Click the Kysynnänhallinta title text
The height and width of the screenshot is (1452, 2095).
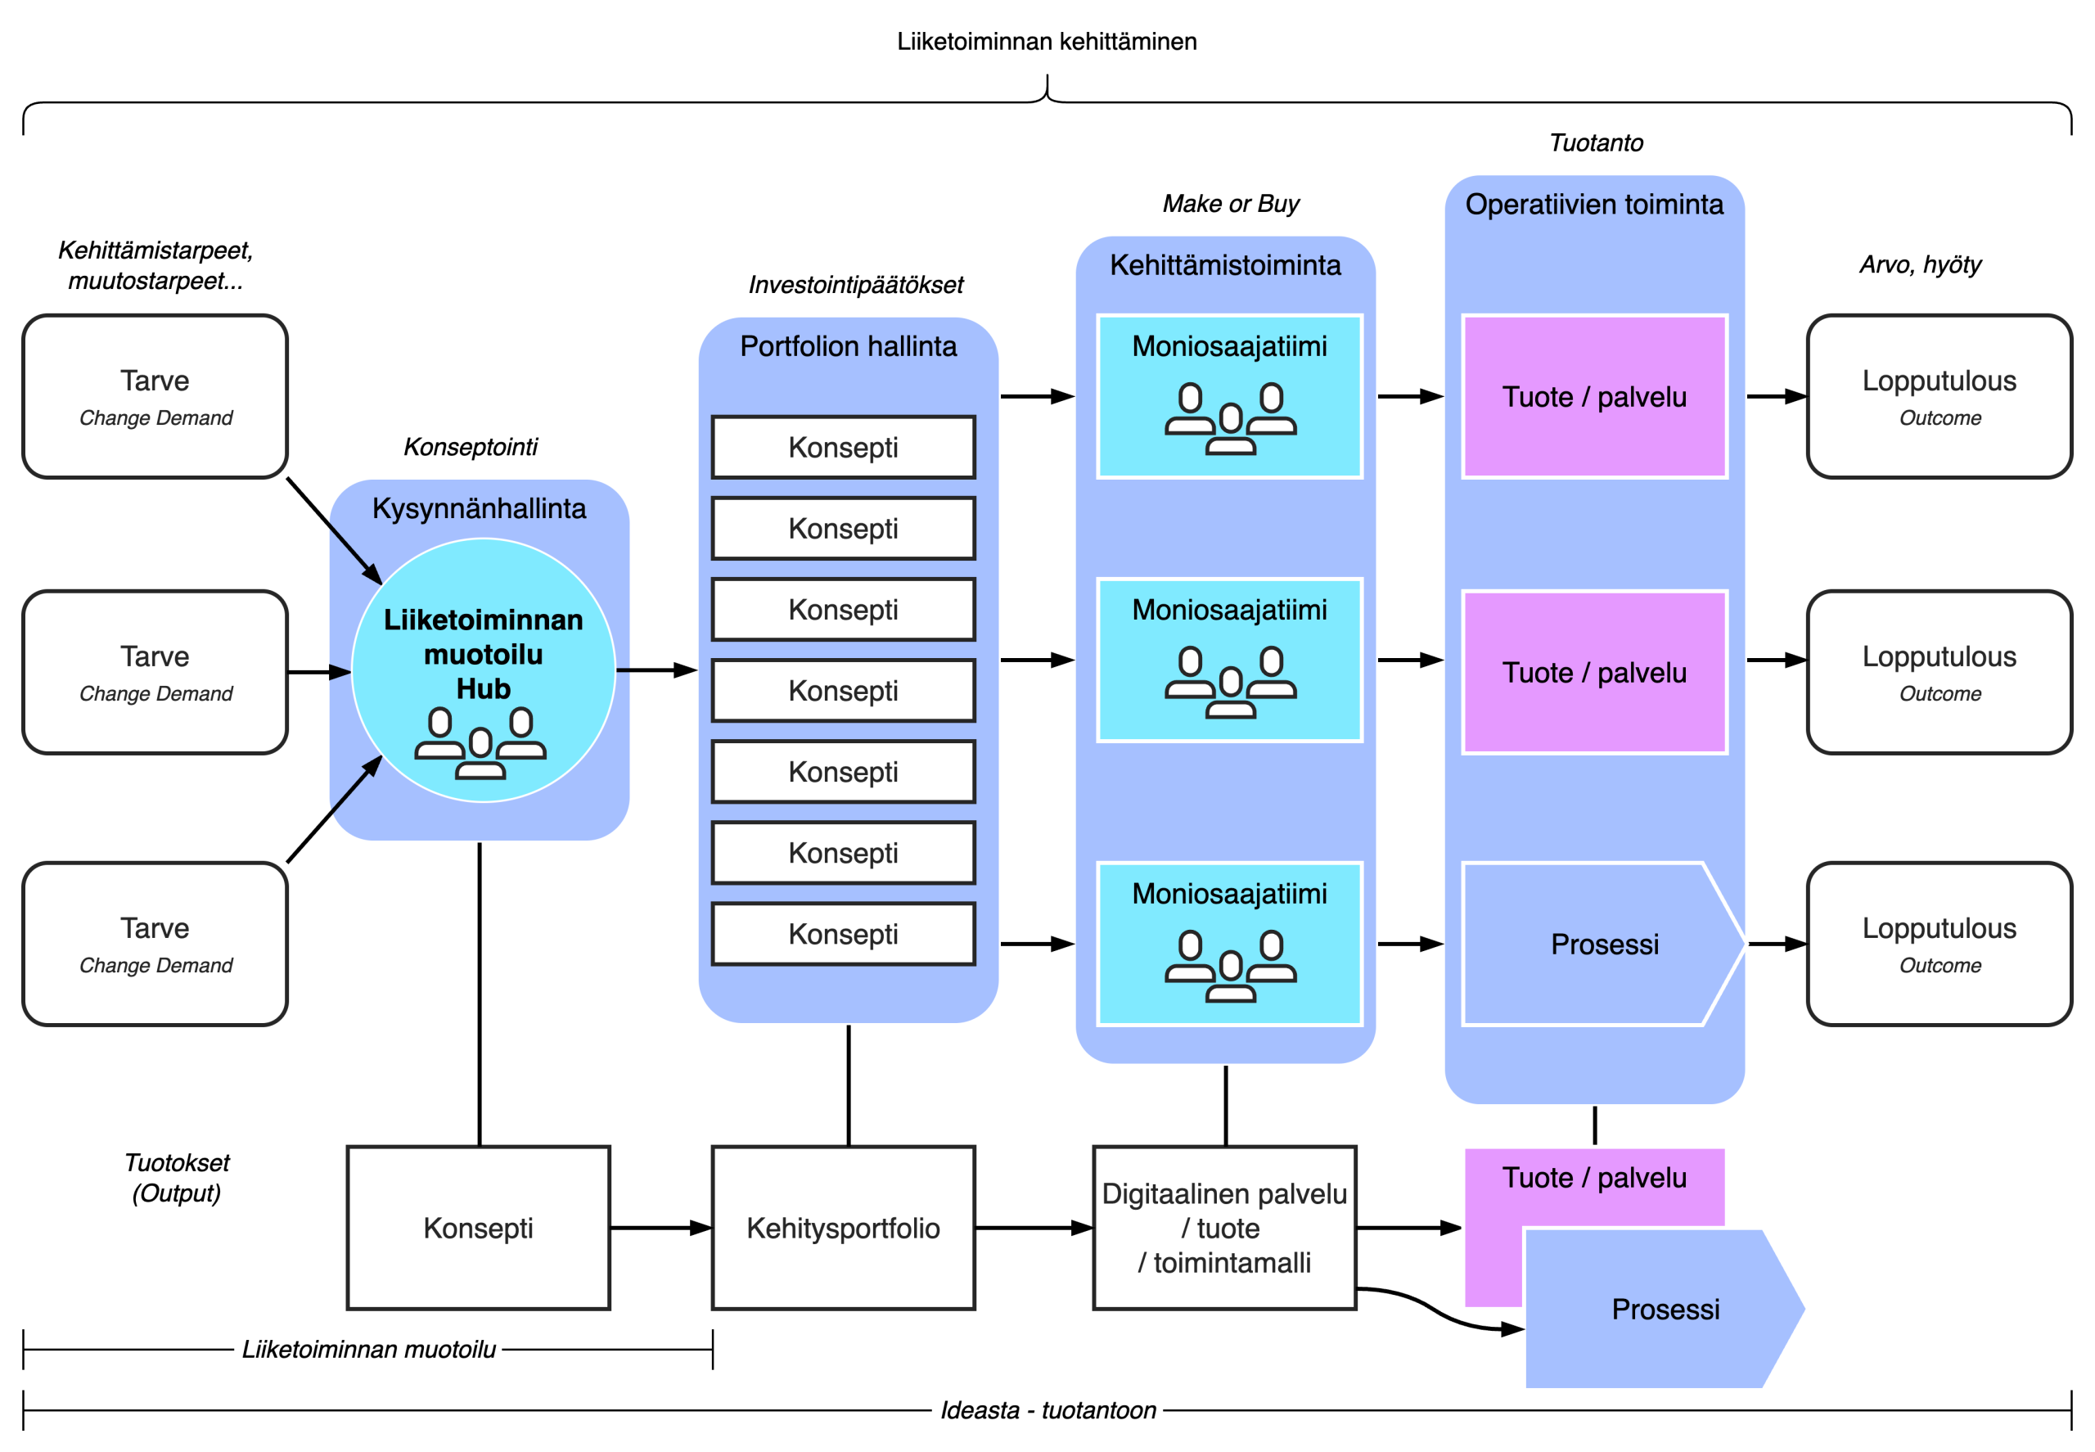[479, 508]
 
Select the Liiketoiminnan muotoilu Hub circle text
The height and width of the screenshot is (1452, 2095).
[483, 653]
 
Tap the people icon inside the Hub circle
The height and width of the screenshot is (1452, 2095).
[480, 744]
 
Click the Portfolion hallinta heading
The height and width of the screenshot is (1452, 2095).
[848, 346]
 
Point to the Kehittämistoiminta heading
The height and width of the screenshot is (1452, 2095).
[1224, 266]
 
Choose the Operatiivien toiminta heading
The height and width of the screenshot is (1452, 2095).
[1594, 205]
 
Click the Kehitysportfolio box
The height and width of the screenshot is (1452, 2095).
[843, 1229]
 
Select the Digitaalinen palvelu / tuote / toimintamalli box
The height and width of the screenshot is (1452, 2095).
[1224, 1229]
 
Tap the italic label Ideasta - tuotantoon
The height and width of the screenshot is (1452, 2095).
[1047, 1410]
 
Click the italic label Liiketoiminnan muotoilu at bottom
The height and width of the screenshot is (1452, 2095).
[368, 1349]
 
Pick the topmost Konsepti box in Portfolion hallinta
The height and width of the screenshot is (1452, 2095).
[843, 448]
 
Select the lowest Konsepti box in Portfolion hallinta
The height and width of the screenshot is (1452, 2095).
[843, 935]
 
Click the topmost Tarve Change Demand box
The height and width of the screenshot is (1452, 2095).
[155, 397]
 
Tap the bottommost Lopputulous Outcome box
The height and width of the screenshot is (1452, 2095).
[1939, 945]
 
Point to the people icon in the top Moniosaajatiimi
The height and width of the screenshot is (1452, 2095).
[1230, 418]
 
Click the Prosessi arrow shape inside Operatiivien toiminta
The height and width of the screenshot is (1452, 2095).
[1604, 945]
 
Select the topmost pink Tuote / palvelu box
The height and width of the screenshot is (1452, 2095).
[1594, 397]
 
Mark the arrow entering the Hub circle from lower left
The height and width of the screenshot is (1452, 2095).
[355, 786]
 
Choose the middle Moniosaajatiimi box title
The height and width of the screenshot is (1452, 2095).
[1229, 611]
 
